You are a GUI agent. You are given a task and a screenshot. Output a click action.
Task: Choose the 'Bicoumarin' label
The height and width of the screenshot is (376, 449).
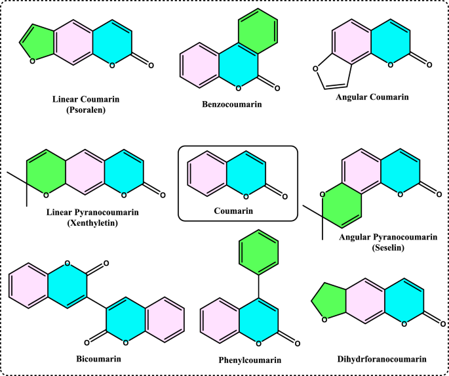coord(98,358)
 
